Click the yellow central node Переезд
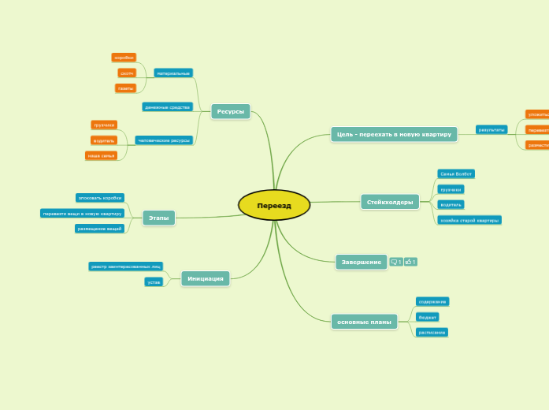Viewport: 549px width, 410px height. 274,205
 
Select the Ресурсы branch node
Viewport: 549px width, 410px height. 230,112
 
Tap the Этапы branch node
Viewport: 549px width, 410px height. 159,218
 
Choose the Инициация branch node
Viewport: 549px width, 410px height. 206,278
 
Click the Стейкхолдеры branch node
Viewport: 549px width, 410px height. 389,202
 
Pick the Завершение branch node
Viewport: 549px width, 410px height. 361,262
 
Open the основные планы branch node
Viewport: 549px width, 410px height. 364,322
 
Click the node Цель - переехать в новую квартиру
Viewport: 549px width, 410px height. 394,134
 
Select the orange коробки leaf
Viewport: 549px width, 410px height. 124,58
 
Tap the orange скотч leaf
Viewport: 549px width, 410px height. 127,73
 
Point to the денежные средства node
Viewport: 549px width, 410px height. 168,106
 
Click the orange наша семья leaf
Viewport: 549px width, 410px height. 102,155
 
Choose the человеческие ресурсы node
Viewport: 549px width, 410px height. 164,140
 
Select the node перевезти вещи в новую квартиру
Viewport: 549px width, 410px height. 83,213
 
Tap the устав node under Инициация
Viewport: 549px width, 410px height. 154,281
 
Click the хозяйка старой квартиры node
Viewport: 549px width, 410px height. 469,220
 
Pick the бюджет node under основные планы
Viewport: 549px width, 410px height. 428,317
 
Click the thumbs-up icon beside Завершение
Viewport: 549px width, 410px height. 410,262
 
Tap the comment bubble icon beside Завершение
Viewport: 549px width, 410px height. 395,262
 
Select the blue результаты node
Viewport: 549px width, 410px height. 492,129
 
